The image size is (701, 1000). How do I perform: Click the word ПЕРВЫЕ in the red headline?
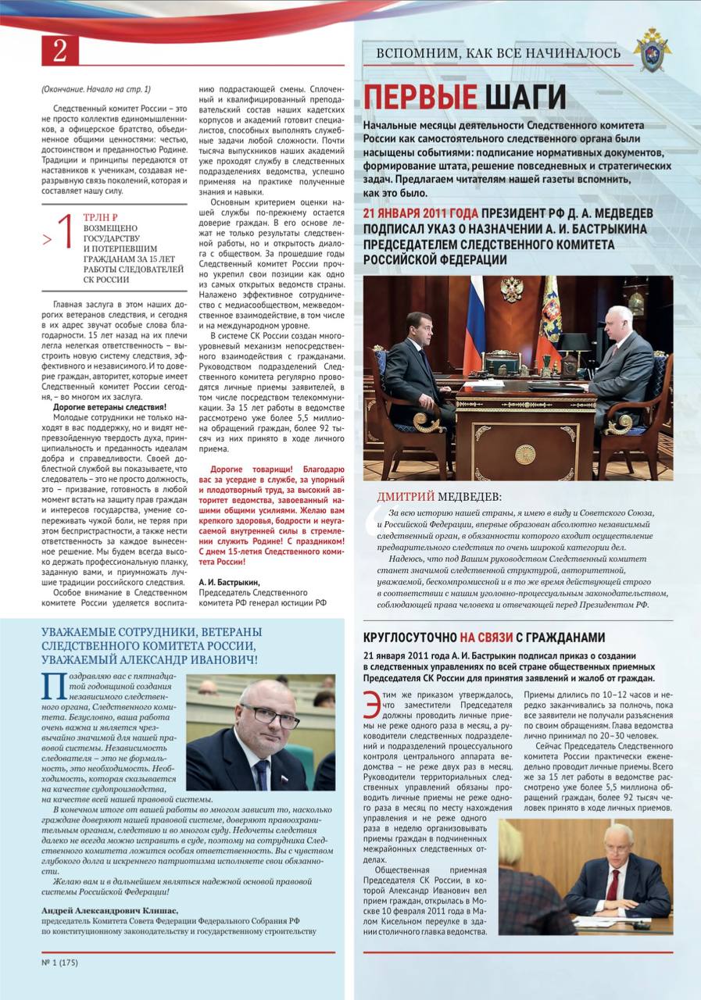(x=420, y=98)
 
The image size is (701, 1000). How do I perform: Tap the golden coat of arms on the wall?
(x=512, y=289)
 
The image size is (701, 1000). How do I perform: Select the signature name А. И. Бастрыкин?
(x=229, y=582)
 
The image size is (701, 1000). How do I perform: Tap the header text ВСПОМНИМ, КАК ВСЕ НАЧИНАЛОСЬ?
(x=499, y=53)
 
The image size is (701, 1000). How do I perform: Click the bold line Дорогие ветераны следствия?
(x=109, y=407)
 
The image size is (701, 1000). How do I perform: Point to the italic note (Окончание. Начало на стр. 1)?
(x=96, y=90)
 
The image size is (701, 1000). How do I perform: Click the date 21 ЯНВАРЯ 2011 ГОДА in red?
(x=420, y=213)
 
